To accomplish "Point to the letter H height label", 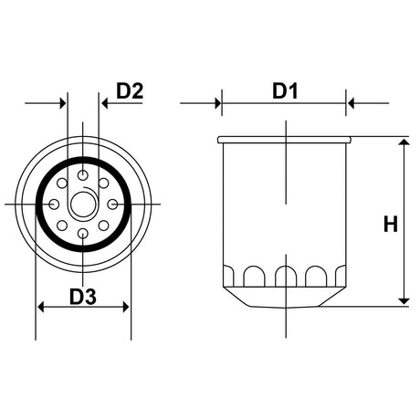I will click(x=389, y=223).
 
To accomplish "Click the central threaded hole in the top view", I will click(x=83, y=203).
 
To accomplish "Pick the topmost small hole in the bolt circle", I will click(x=83, y=173).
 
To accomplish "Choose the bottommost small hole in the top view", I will click(x=83, y=235).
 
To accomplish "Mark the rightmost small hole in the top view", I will click(x=113, y=203).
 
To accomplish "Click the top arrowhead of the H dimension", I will click(x=403, y=144).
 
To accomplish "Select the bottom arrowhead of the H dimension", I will click(x=403, y=298).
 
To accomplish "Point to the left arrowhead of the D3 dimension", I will click(x=41, y=309).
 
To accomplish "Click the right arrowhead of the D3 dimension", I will click(x=125, y=309).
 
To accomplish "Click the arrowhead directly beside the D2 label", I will click(x=105, y=103).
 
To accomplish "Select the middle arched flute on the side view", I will click(x=286, y=274).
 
